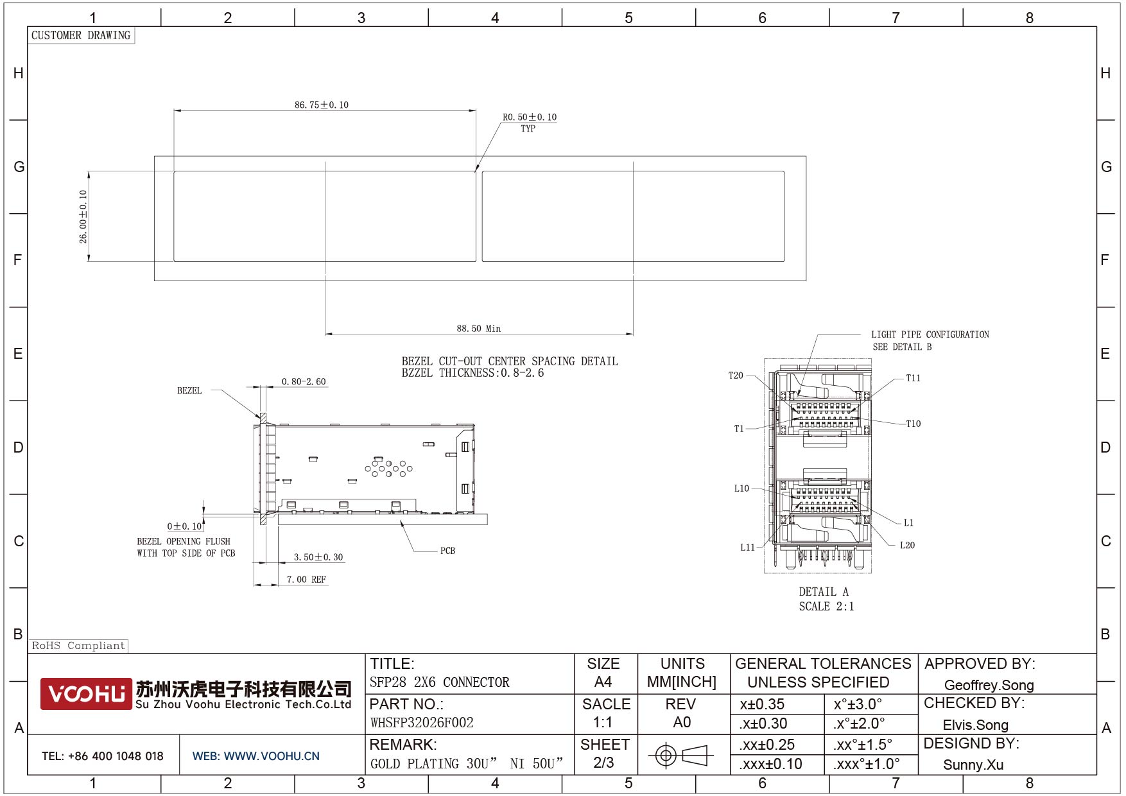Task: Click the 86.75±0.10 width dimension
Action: point(322,105)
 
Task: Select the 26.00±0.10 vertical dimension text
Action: point(83,217)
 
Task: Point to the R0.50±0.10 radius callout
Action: point(530,117)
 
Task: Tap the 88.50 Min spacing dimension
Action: point(479,329)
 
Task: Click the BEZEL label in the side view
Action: point(189,390)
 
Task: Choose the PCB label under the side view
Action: point(447,551)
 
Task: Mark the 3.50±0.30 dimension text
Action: point(318,557)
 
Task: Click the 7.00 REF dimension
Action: point(306,580)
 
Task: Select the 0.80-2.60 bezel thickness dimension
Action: point(304,382)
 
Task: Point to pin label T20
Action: point(736,376)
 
